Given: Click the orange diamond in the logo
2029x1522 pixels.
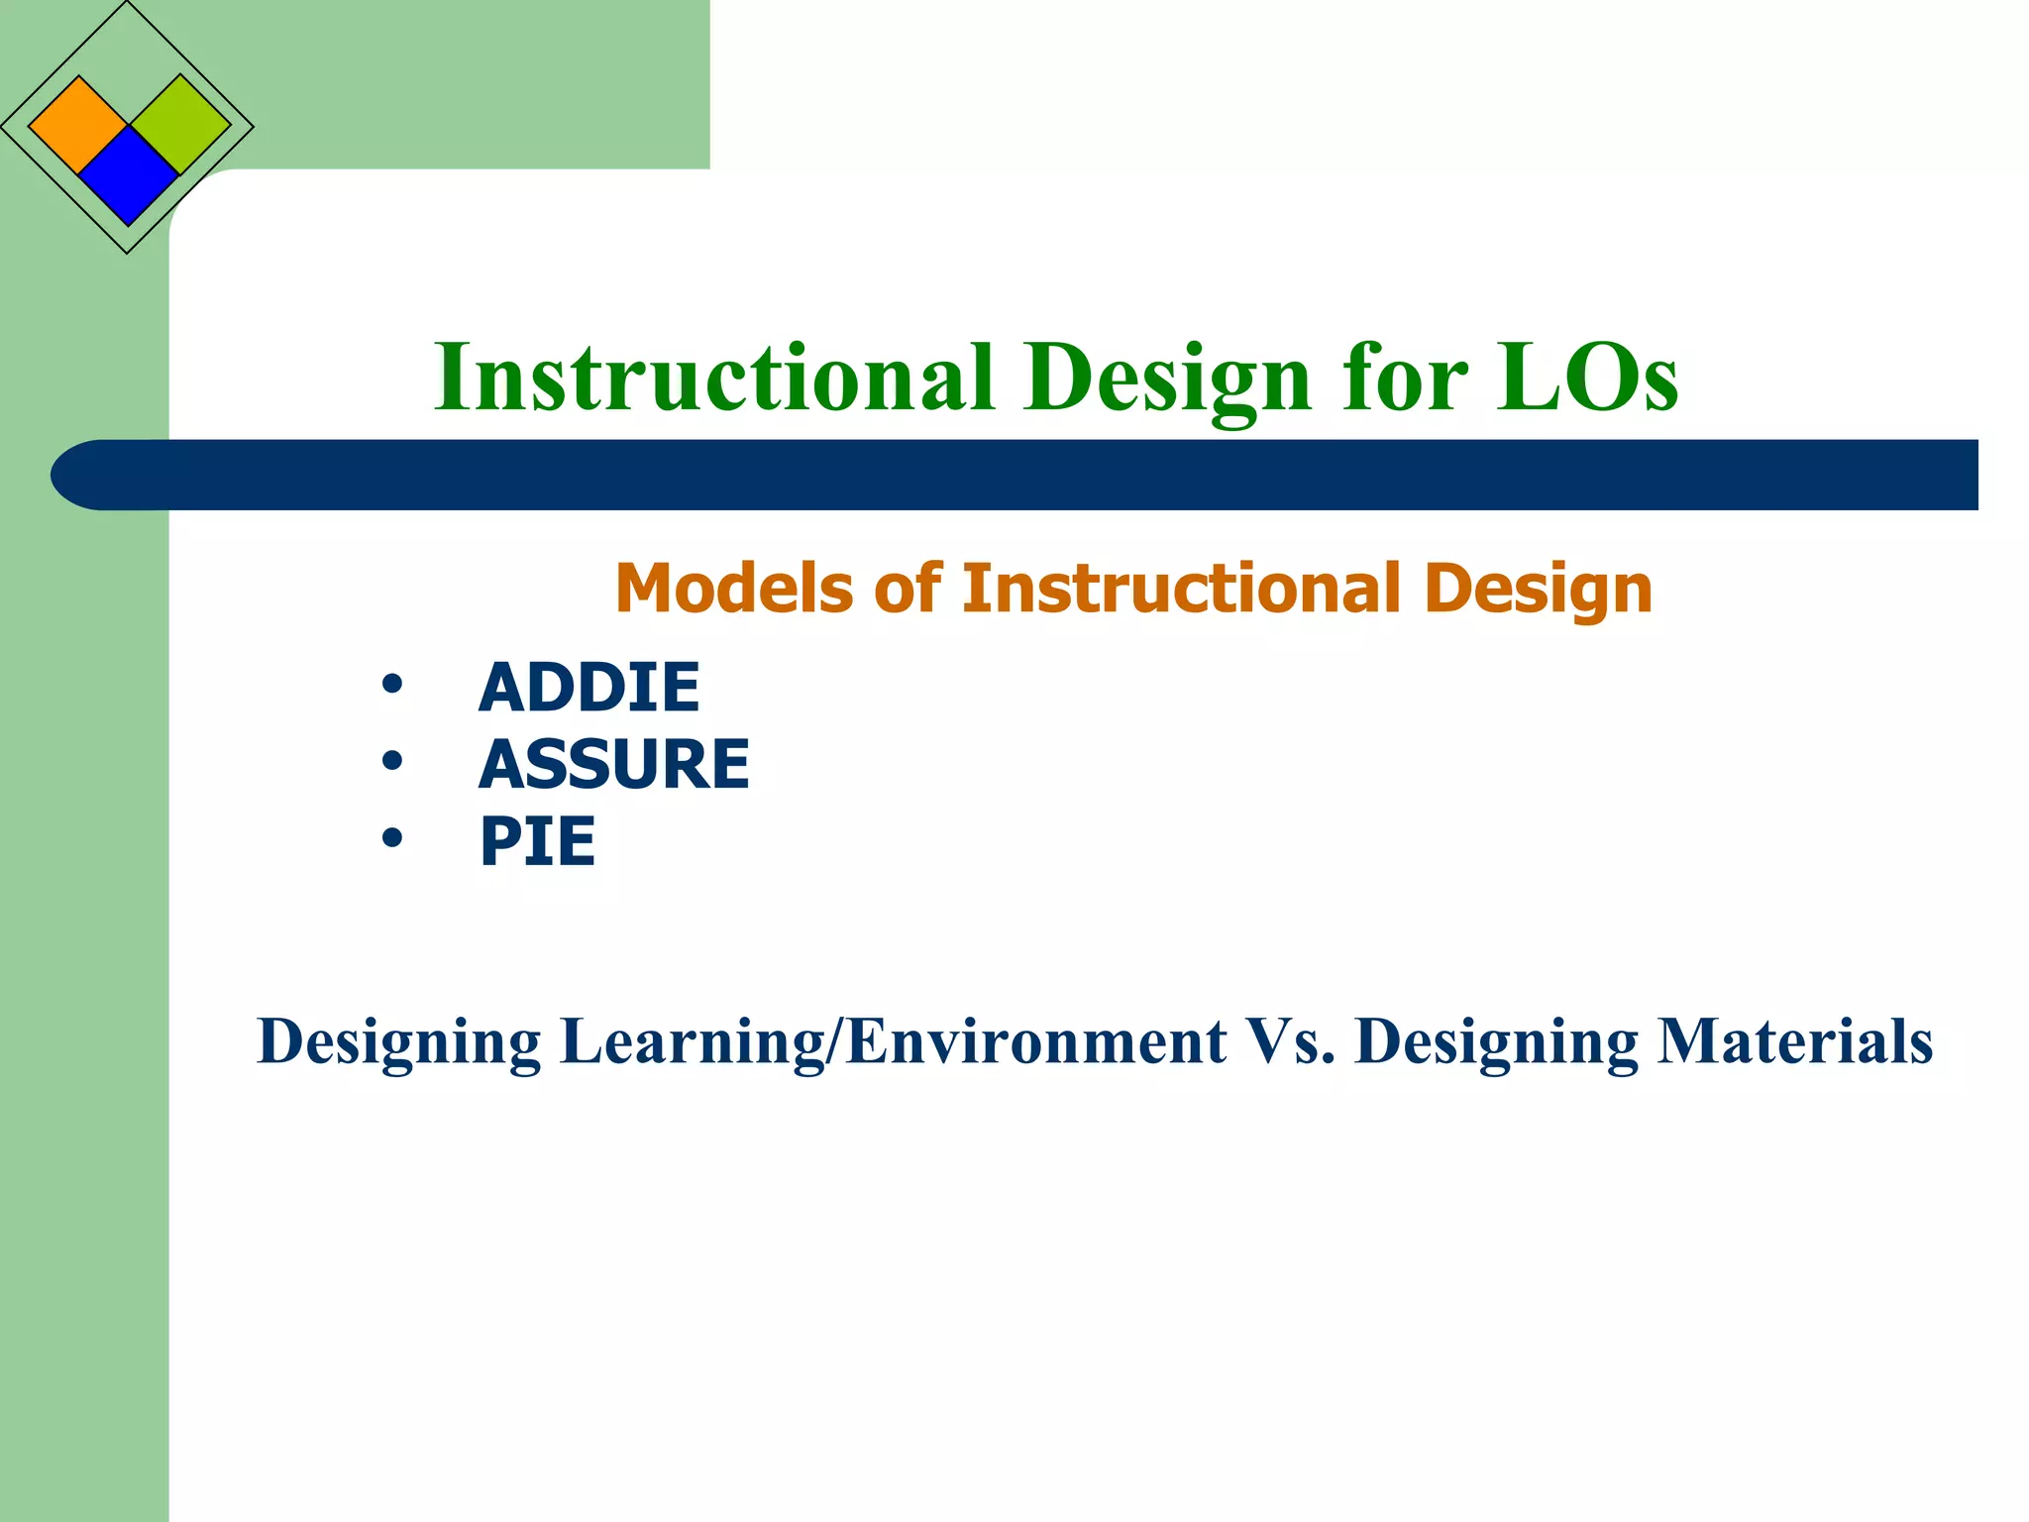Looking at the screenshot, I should [x=78, y=125].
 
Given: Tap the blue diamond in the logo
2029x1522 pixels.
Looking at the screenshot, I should [x=128, y=175].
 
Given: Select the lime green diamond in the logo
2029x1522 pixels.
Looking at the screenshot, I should [x=180, y=125].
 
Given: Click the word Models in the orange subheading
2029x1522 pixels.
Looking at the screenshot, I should [x=733, y=589].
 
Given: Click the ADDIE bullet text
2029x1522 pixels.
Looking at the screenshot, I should [x=588, y=688].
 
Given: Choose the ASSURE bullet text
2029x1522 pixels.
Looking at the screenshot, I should [x=613, y=765].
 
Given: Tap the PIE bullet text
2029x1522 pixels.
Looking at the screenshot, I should [x=537, y=842].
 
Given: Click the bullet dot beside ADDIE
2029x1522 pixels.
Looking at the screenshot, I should [x=392, y=685].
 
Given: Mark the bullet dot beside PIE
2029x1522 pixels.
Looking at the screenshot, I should [x=392, y=839].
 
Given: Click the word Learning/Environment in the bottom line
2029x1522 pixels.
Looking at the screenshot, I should [x=893, y=1042].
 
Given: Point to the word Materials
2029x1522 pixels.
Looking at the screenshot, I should [x=1794, y=1042].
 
